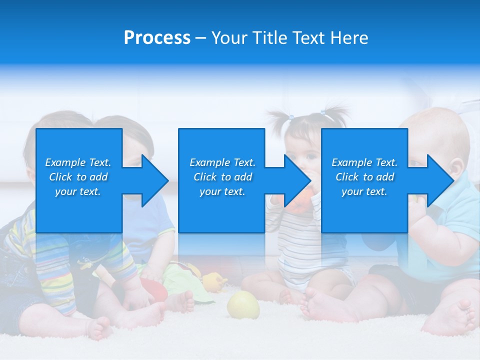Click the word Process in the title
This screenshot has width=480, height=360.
157,38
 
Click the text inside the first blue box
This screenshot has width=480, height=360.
78,177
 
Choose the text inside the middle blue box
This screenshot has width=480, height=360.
222,177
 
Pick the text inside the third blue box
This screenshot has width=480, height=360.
364,177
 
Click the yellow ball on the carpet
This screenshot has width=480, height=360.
243,305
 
